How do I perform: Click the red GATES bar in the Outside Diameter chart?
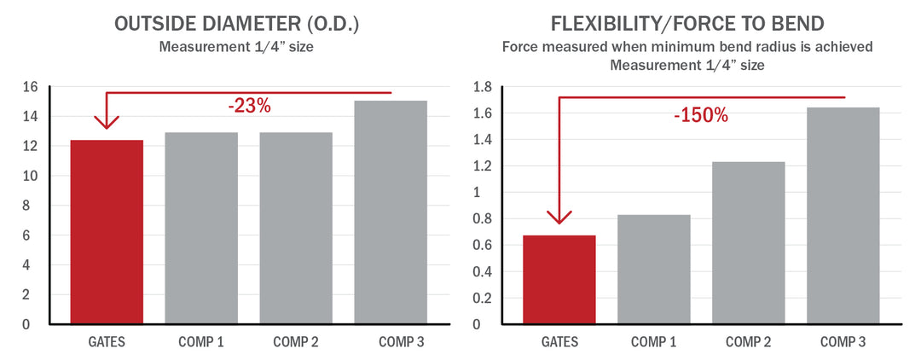tap(107, 231)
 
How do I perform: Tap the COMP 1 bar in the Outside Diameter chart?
tap(201, 228)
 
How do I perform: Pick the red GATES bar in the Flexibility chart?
tap(559, 279)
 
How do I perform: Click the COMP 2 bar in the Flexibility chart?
tap(748, 242)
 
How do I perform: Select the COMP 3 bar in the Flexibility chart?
tap(843, 215)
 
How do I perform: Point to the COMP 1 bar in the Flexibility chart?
tap(653, 269)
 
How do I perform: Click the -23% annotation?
tap(249, 107)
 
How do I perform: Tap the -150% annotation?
tap(701, 115)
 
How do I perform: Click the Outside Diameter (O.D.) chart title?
tap(236, 24)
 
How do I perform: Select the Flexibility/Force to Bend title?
tap(687, 24)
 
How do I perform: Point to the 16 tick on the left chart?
tap(31, 87)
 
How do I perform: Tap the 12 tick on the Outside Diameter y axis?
tap(31, 147)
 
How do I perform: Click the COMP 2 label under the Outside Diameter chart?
tap(296, 342)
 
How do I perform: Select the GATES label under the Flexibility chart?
tap(559, 342)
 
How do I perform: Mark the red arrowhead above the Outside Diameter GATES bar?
tap(107, 121)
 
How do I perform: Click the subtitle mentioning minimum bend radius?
tap(687, 48)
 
